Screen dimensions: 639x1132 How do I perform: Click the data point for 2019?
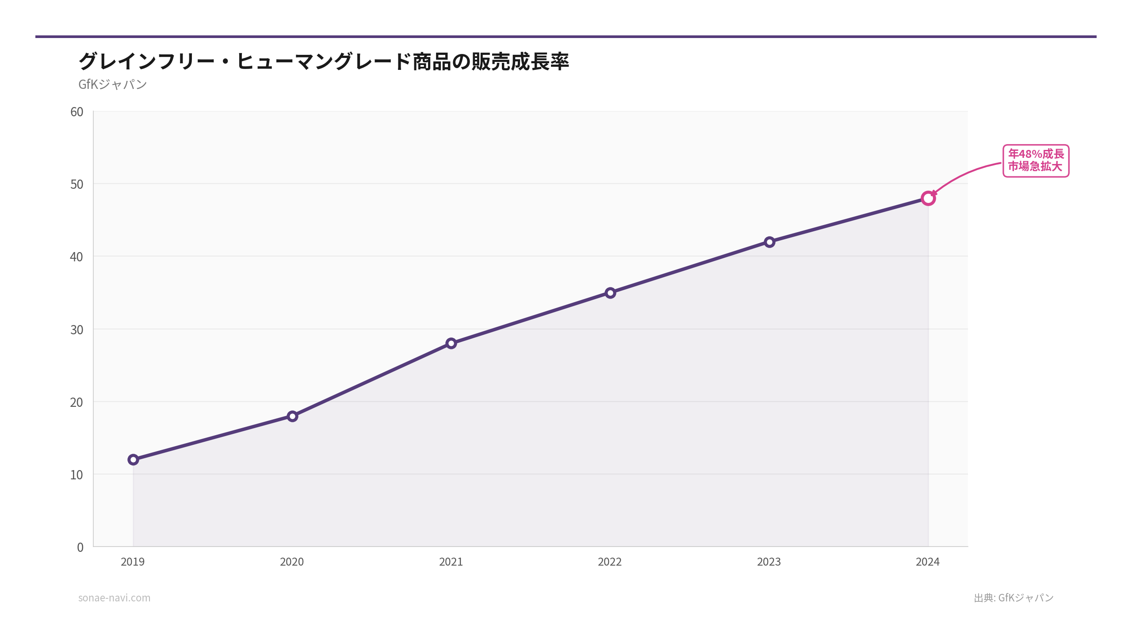[133, 460]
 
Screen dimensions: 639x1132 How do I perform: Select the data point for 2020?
[292, 416]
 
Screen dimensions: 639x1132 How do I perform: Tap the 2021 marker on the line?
[451, 344]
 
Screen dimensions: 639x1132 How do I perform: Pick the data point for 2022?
[610, 293]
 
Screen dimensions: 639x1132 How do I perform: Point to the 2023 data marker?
[769, 242]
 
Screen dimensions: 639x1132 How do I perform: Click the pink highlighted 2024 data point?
[928, 199]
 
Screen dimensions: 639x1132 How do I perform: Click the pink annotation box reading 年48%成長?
[1036, 161]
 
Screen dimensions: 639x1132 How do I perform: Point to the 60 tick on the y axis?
[77, 112]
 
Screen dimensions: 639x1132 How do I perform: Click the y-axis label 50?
[77, 184]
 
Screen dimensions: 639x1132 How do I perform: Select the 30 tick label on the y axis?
[77, 330]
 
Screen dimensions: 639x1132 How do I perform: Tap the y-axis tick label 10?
[77, 475]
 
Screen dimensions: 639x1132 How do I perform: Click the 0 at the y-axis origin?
[80, 547]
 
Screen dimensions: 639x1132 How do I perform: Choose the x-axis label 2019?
[133, 562]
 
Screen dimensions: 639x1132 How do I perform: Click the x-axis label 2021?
[451, 562]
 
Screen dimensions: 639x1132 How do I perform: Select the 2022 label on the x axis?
[610, 562]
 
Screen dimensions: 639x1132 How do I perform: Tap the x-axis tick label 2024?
[928, 562]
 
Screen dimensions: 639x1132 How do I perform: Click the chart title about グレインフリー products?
[324, 61]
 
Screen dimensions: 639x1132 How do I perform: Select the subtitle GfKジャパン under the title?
[113, 84]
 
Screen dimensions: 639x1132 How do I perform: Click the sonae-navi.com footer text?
[115, 598]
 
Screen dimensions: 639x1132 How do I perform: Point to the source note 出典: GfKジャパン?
[1014, 598]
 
